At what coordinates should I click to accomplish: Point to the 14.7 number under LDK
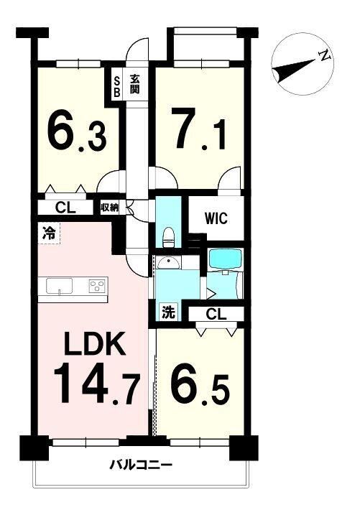point(97,384)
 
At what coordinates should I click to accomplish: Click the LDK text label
point(95,344)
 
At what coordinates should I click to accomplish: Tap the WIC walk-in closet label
point(216,218)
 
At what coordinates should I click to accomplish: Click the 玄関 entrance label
point(135,85)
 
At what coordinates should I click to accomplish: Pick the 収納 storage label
point(109,208)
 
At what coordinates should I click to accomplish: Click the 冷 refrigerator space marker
point(49,233)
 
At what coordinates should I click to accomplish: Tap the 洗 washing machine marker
point(169,312)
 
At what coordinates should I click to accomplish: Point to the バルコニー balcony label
point(140,465)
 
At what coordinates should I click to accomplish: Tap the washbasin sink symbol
point(168,263)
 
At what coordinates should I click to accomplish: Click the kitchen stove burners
point(98,287)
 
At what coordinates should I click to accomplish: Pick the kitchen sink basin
point(59,286)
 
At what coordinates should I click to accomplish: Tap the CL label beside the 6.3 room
point(65,208)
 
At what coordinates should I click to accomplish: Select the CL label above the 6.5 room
point(216,315)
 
